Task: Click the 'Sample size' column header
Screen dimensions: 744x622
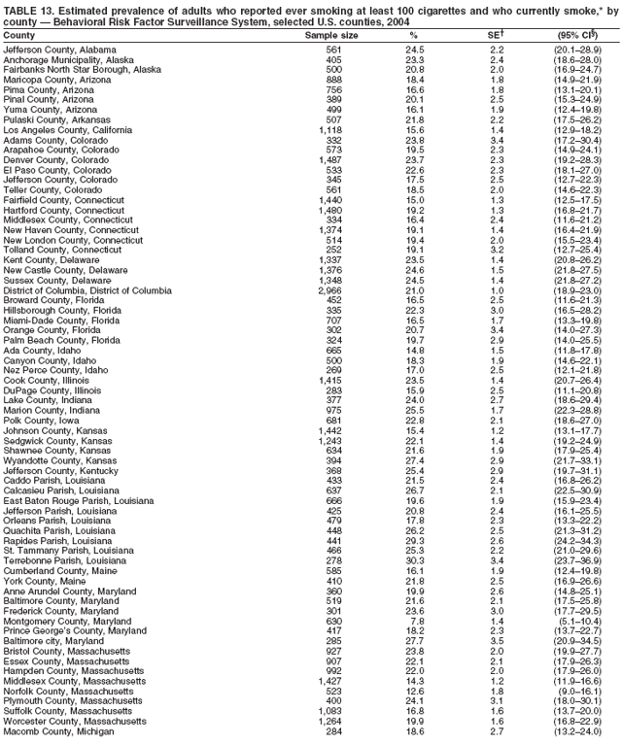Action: (x=331, y=35)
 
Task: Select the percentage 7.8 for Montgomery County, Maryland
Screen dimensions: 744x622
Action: (x=416, y=621)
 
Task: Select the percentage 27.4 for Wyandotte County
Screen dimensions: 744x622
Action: (x=413, y=433)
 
